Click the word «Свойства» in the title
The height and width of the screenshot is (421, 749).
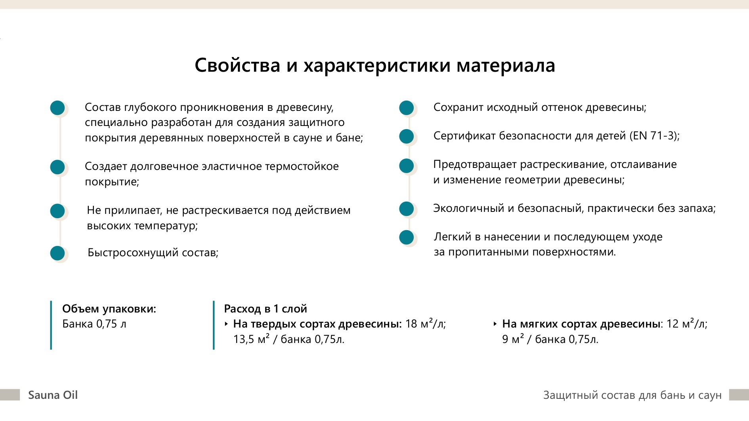(237, 65)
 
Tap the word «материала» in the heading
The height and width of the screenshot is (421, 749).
(506, 65)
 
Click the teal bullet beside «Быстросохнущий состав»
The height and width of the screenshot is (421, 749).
(57, 253)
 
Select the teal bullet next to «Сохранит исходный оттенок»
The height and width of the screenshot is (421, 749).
(406, 108)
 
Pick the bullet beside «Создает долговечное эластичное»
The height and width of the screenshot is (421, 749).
(57, 167)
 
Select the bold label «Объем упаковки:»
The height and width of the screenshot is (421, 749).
(109, 309)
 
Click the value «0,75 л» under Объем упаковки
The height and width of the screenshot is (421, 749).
(111, 324)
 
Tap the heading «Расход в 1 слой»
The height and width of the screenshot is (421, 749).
(266, 309)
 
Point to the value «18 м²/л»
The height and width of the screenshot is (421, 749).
(426, 324)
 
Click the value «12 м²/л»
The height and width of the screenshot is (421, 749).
(687, 324)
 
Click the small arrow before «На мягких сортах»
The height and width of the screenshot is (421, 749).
(495, 324)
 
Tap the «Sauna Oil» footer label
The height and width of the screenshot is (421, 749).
(53, 395)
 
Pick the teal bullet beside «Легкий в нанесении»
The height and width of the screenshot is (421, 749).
(406, 238)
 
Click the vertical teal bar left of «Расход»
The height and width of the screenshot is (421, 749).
(214, 325)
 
